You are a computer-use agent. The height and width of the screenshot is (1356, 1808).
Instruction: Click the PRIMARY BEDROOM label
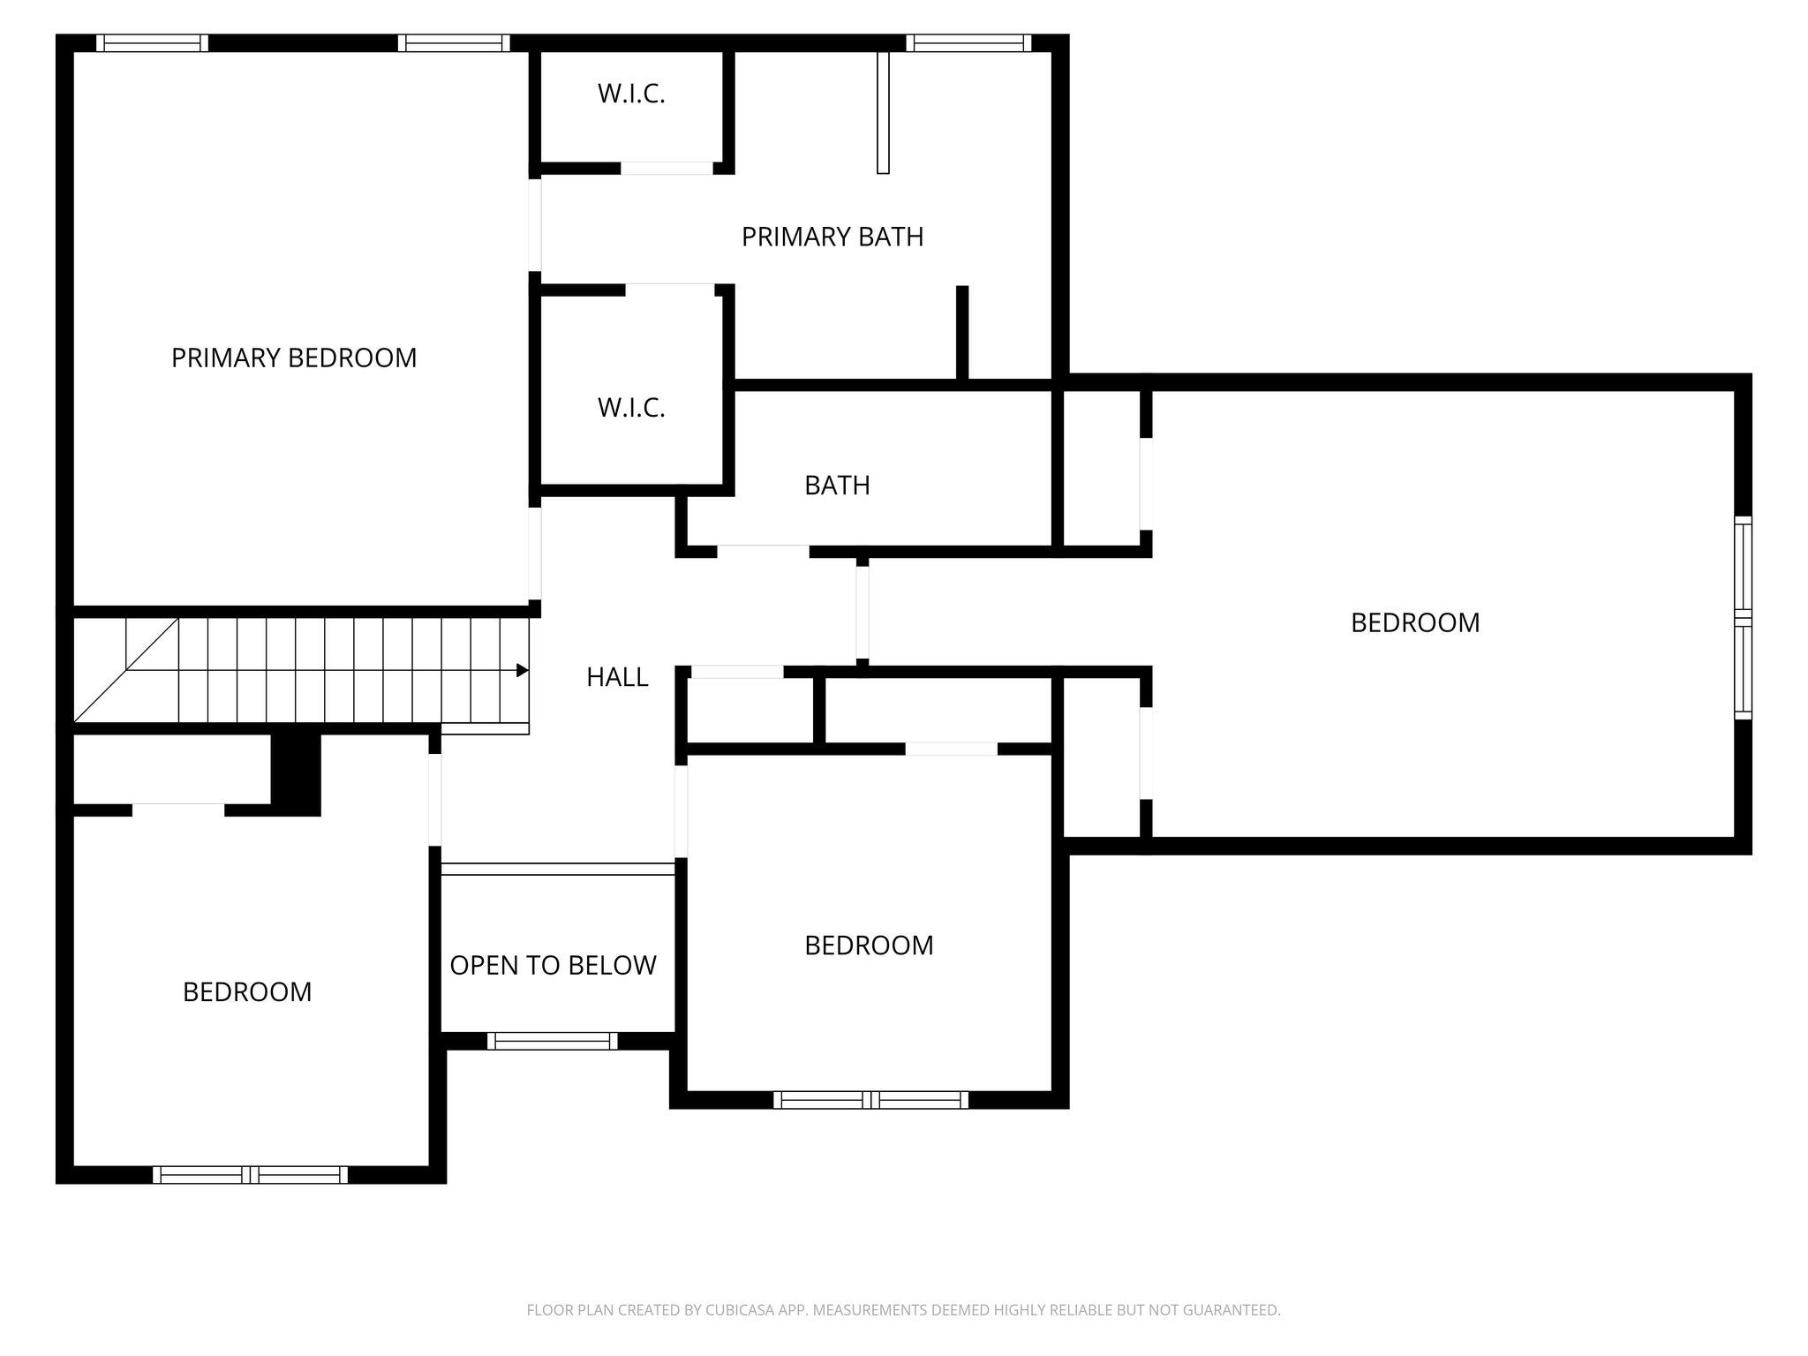[294, 358]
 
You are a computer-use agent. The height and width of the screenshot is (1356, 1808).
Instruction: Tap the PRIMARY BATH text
[832, 237]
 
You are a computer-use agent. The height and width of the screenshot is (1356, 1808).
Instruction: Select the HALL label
[617, 677]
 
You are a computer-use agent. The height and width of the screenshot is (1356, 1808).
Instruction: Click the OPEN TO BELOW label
[554, 965]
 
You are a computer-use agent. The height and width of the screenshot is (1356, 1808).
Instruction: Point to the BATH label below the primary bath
[837, 486]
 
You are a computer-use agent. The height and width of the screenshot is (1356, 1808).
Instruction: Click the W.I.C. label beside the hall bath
[631, 408]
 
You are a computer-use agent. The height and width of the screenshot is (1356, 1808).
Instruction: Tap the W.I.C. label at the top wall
[631, 94]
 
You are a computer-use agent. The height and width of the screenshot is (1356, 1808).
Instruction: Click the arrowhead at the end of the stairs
[523, 671]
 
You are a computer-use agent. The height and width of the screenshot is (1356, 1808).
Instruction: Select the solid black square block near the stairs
[296, 774]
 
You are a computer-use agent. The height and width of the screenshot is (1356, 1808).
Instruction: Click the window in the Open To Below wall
[553, 1041]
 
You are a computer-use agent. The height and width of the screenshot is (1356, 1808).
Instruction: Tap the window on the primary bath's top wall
[968, 43]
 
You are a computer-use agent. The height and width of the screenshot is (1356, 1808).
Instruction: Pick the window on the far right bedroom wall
[1743, 618]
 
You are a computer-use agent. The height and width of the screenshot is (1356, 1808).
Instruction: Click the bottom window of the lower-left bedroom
[251, 1174]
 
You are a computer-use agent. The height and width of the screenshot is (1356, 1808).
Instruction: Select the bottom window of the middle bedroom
[871, 1100]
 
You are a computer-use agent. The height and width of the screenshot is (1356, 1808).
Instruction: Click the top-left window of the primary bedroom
[153, 43]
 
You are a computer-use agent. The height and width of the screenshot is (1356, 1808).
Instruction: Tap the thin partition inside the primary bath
[883, 112]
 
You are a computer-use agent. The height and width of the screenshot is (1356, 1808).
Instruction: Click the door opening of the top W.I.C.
[667, 168]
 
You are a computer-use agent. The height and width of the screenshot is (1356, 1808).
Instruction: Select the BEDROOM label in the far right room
[1415, 623]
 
